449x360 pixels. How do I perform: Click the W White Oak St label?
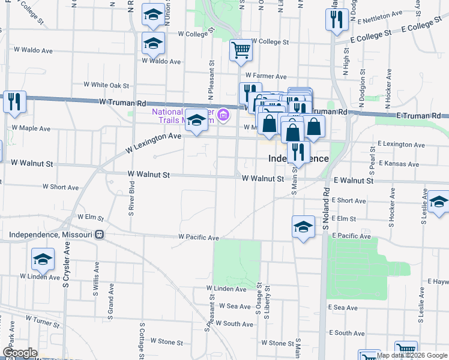(107, 85)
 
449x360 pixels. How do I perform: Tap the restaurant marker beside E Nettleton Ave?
(336, 20)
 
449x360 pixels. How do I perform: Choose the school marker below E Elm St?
(304, 227)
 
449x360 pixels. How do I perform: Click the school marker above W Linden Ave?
(43, 260)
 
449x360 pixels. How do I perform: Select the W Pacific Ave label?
(199, 238)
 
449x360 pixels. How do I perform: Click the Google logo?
(19, 353)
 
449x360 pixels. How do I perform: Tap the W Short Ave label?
(61, 187)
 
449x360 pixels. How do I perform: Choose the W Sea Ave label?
(234, 306)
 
